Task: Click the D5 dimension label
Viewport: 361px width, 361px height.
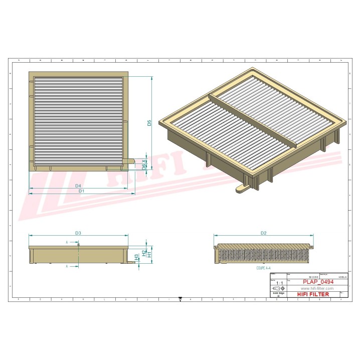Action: coord(149,122)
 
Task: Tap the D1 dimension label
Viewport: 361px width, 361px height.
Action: coord(81,192)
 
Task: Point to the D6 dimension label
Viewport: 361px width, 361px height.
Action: coord(144,166)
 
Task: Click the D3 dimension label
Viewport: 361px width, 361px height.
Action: coord(78,233)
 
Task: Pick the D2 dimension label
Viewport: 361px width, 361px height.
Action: coord(263,233)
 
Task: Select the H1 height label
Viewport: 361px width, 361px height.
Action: coord(149,255)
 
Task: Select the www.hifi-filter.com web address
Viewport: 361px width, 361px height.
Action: coord(317,289)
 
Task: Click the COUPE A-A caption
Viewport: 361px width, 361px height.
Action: coord(264,268)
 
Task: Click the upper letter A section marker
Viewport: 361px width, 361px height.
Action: coord(67,242)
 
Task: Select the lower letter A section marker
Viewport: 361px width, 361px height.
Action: coord(67,267)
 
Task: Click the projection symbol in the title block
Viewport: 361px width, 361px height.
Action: coord(278,289)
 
